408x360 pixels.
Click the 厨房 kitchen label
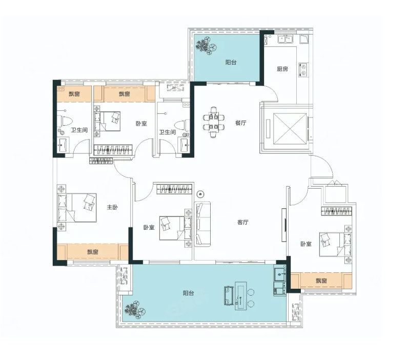282,69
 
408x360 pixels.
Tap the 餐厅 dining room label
241,123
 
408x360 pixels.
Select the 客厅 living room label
243,222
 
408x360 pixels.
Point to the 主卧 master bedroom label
112,207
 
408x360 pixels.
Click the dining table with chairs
214,123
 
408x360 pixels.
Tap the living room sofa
202,224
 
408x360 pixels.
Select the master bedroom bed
77,208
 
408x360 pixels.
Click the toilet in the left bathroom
65,121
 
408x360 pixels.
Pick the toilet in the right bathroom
182,125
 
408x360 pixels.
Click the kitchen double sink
285,39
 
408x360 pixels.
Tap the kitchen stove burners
303,70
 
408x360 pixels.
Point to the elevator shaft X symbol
290,129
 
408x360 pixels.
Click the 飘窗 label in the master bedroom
93,252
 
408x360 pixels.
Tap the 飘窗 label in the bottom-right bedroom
321,281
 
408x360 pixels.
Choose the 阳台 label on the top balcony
231,63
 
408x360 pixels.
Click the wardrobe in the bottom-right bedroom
336,211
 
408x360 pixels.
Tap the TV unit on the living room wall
284,225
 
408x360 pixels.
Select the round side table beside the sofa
200,194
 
